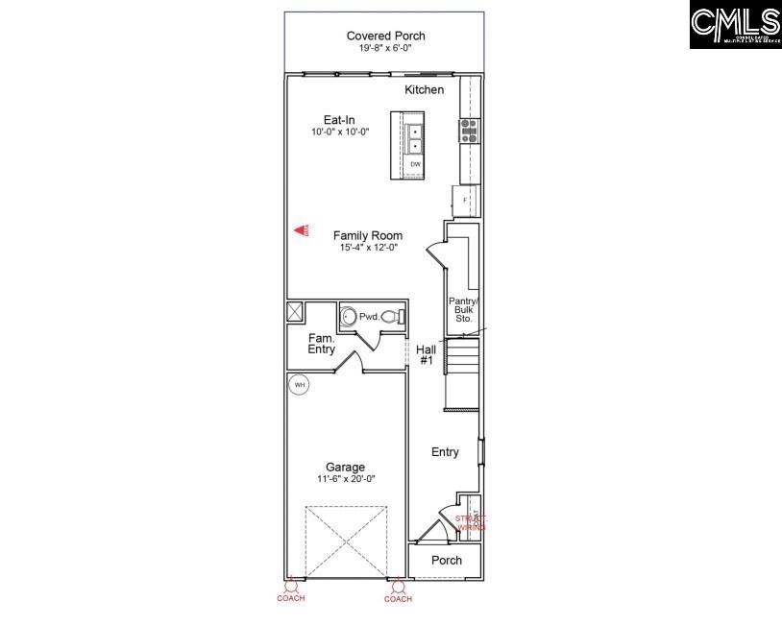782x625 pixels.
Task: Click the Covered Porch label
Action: coord(385,36)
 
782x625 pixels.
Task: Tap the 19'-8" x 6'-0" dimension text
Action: coord(385,49)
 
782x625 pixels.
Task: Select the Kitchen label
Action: coord(424,89)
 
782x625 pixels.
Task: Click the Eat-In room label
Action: coord(339,120)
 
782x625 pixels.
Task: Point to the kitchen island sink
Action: coord(415,139)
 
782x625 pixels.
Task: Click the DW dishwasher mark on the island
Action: coord(416,164)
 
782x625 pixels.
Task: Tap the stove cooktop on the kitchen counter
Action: coord(469,131)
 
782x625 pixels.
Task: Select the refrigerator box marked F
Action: coord(466,200)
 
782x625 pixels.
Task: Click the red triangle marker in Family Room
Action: coord(302,230)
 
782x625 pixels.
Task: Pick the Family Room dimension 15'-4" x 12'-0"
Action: coord(368,248)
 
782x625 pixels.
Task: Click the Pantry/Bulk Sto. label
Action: coord(463,309)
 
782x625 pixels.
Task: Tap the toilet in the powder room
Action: coord(392,316)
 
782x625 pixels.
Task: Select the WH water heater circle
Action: coord(299,385)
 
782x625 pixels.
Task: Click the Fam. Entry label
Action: coord(321,344)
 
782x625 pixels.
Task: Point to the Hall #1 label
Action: coord(427,354)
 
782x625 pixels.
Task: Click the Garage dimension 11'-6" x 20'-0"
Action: coord(345,479)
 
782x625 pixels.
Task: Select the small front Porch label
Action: coord(446,560)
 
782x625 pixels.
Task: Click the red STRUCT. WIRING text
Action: coord(471,522)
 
